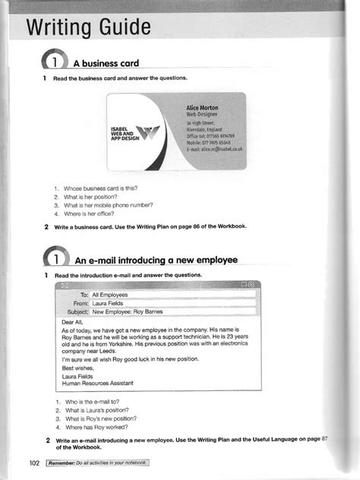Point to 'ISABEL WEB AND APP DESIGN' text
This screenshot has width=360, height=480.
122,134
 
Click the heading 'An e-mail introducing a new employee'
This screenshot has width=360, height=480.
155,260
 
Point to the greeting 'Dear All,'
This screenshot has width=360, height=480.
75,322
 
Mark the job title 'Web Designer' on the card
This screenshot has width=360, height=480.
200,115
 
